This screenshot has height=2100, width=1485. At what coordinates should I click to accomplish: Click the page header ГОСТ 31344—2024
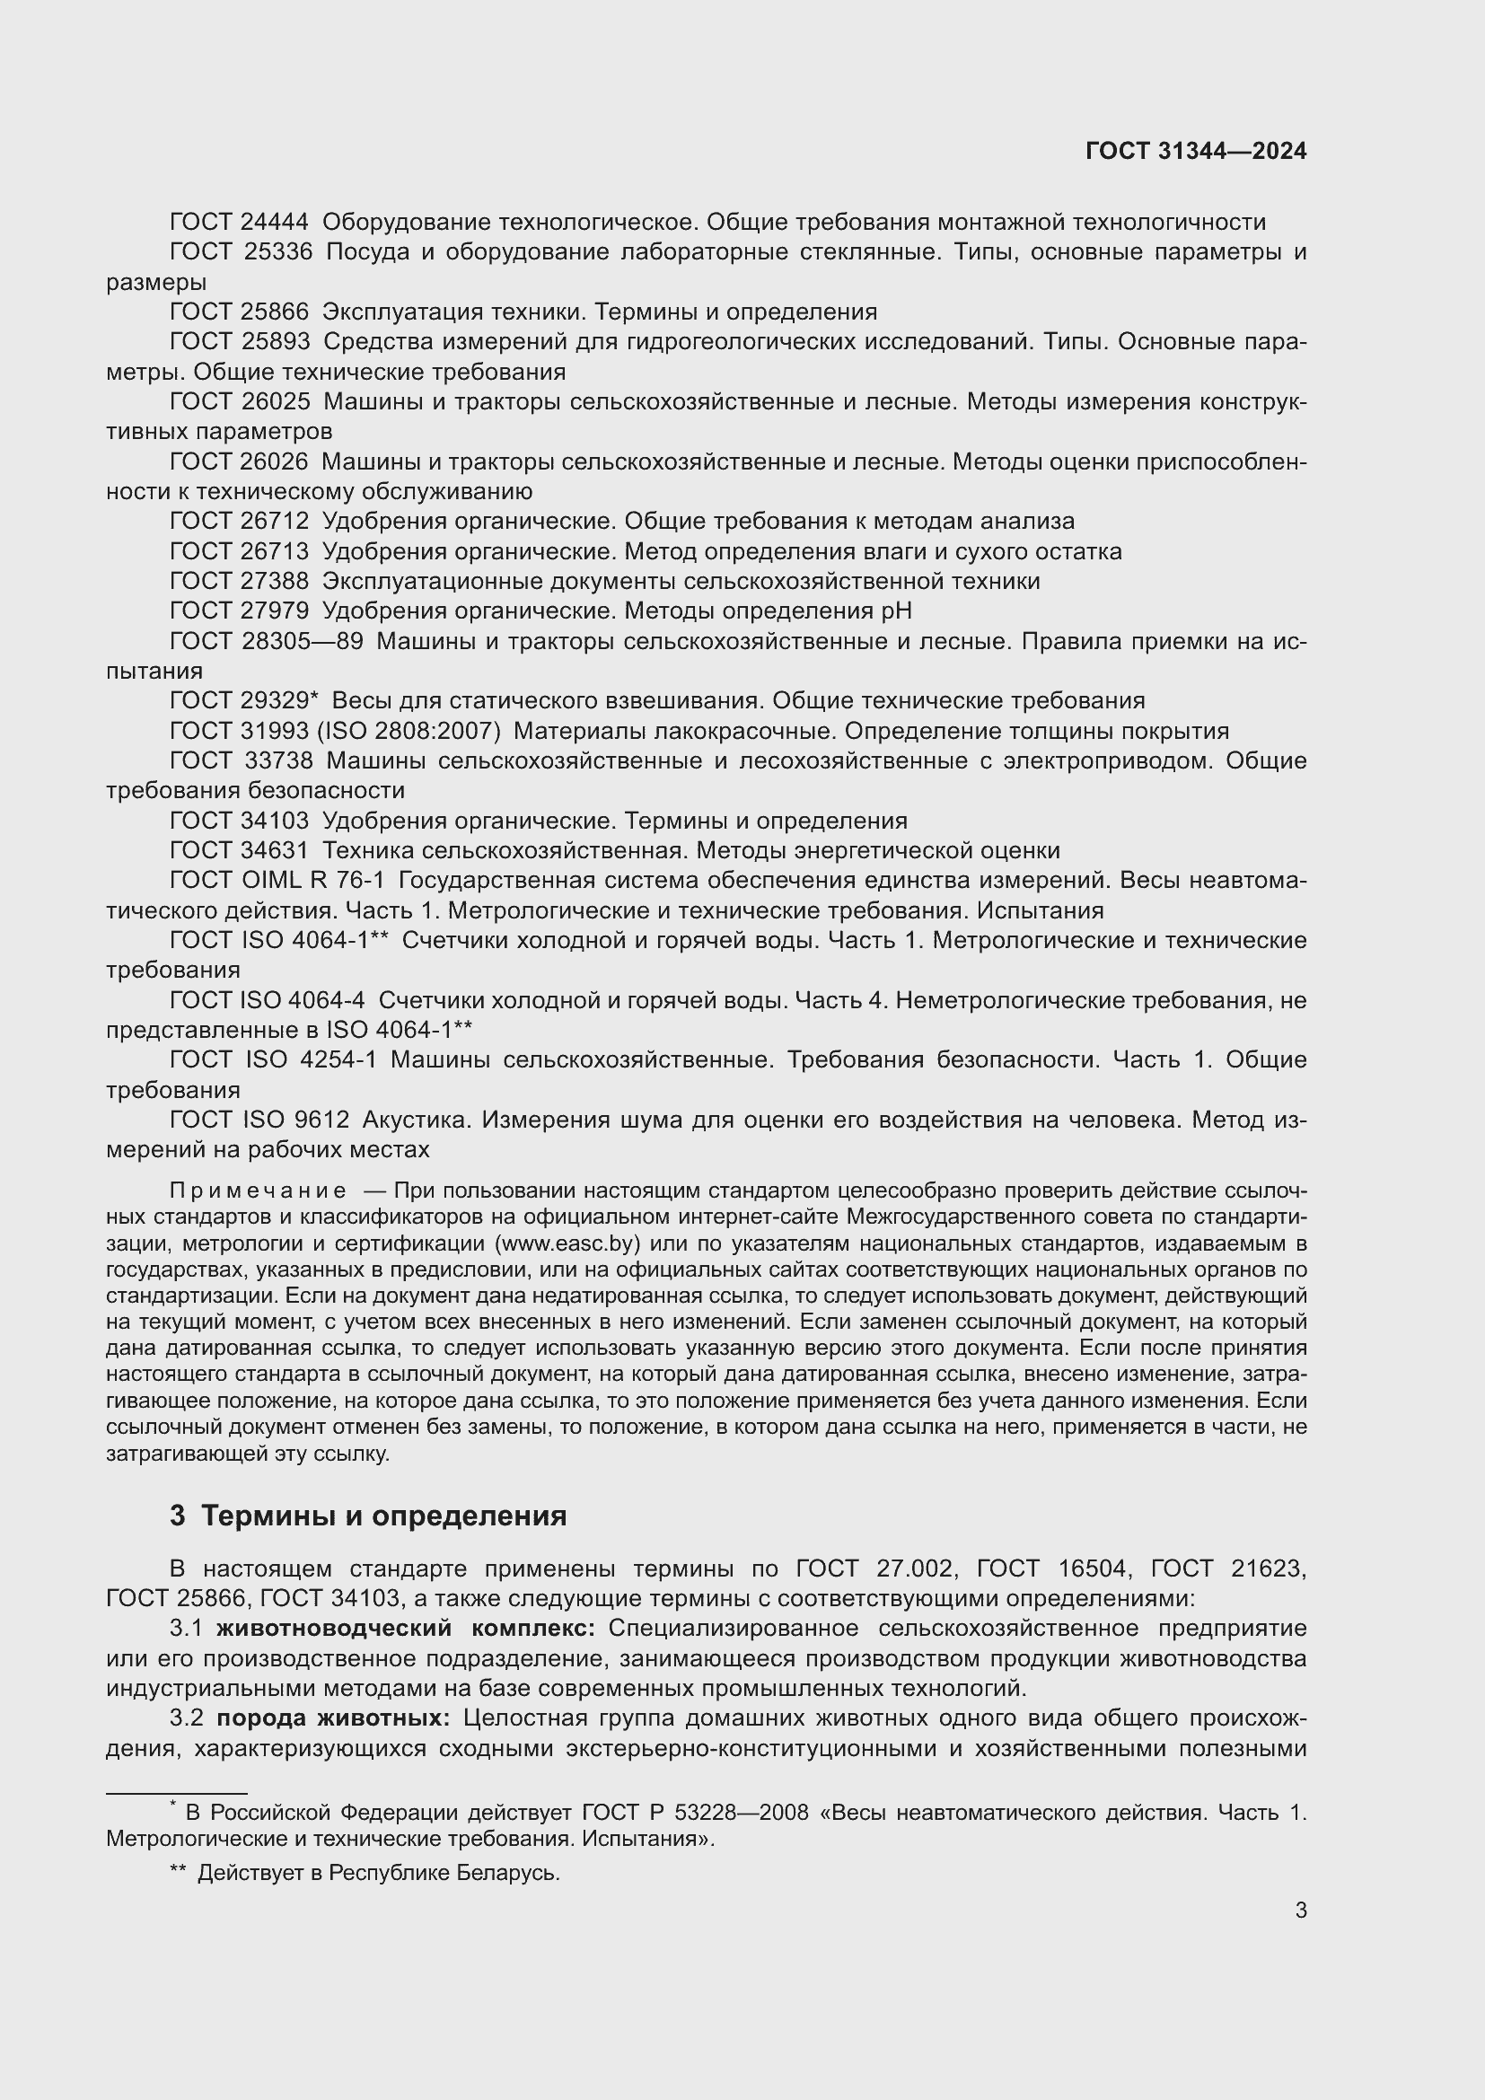tap(1195, 151)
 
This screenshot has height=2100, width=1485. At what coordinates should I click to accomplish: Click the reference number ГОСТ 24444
tap(240, 223)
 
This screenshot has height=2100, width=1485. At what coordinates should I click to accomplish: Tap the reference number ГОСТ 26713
tap(240, 551)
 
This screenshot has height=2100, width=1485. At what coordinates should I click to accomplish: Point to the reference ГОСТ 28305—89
tap(266, 641)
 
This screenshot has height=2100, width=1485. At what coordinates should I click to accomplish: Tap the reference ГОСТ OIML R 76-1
tap(277, 881)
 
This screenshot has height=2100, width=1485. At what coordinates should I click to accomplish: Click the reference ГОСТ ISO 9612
tap(259, 1120)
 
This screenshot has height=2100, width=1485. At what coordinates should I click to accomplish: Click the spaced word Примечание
tap(258, 1191)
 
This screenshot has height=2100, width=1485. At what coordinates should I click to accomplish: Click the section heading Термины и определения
tap(383, 1516)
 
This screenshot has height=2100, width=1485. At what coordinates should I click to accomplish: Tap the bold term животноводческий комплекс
tap(405, 1629)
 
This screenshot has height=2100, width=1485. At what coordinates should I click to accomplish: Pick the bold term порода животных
tap(334, 1718)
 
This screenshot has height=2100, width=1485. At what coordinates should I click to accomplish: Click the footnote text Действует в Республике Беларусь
tap(378, 1873)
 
